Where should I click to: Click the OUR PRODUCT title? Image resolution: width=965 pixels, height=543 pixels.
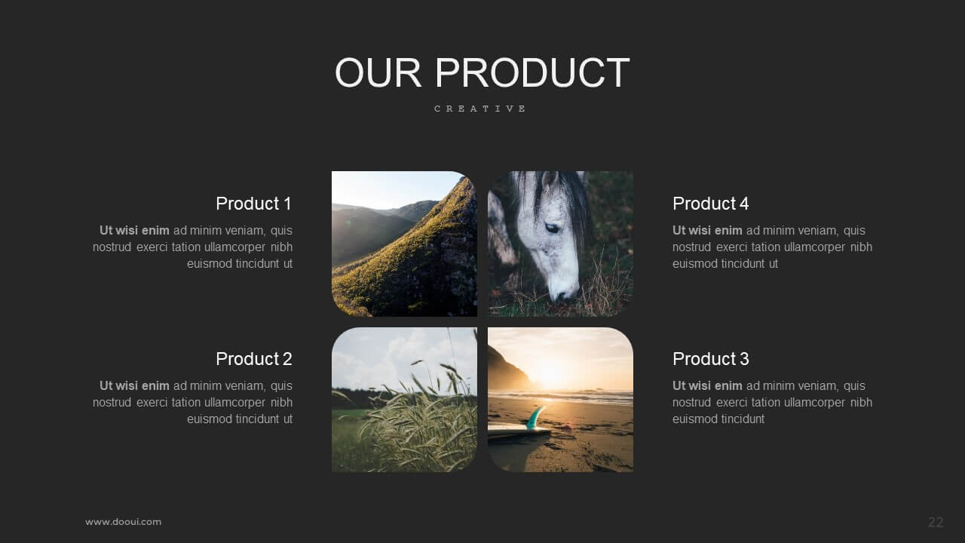[x=482, y=72]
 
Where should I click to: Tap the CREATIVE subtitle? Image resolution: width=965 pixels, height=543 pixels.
[x=480, y=109]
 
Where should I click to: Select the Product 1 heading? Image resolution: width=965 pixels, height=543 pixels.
[x=254, y=204]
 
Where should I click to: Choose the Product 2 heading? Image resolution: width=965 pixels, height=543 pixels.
[x=254, y=358]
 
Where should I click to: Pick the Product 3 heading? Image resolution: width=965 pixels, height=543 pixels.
[x=711, y=358]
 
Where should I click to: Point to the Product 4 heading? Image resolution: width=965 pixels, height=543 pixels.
[x=711, y=204]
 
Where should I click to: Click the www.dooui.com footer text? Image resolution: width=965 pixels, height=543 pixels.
[x=123, y=522]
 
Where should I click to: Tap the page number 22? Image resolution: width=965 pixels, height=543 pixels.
[x=936, y=522]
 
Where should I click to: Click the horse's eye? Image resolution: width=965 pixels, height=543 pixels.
[x=552, y=227]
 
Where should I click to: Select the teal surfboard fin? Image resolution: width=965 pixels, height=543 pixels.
[x=535, y=417]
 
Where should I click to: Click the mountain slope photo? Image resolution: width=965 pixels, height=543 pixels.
[x=404, y=244]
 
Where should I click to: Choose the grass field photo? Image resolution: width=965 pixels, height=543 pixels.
[x=404, y=400]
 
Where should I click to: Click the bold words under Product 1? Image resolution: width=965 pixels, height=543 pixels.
[x=134, y=231]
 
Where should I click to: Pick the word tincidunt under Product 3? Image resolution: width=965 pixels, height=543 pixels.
[x=743, y=419]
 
